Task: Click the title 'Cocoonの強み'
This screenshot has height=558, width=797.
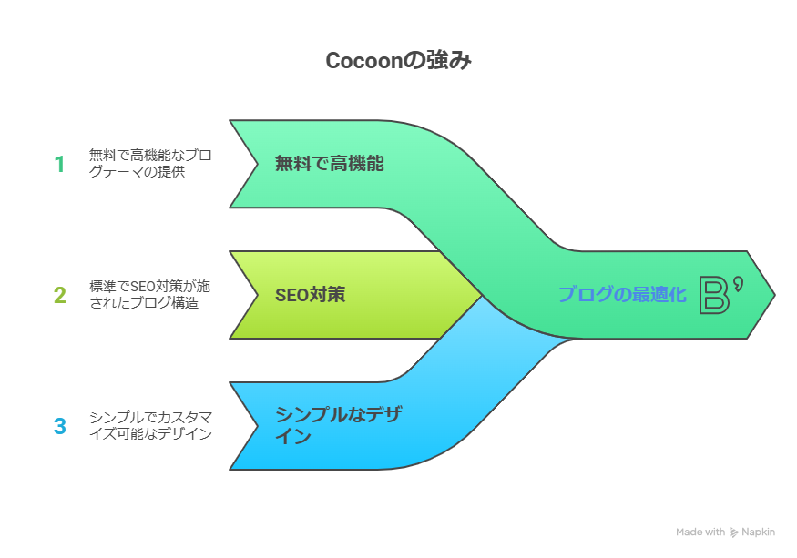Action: (x=398, y=61)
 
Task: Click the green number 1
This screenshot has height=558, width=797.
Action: (x=60, y=164)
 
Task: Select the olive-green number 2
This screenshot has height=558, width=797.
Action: (x=60, y=295)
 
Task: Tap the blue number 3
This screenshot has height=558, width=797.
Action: (x=60, y=426)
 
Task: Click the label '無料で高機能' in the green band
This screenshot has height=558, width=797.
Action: (x=329, y=164)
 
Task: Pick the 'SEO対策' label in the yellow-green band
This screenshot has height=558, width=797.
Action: (x=310, y=295)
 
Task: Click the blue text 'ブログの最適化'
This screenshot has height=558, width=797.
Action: (x=621, y=295)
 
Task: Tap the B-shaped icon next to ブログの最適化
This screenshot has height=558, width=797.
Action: (x=719, y=295)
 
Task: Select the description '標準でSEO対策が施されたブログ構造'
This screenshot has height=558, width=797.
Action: (x=145, y=295)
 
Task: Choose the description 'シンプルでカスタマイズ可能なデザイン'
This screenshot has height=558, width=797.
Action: (x=150, y=426)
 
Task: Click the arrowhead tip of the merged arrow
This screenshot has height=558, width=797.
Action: (x=771, y=295)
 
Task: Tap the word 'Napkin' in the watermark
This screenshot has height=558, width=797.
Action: (x=761, y=533)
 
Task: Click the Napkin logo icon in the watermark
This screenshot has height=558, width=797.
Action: (x=734, y=533)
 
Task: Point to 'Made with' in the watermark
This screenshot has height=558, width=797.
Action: (x=700, y=533)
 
